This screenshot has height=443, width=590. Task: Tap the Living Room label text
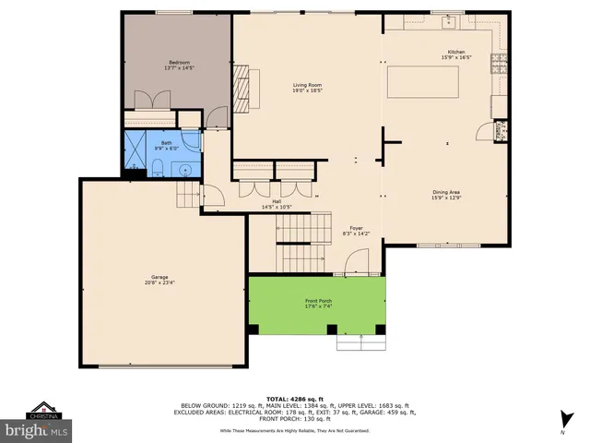coord(307,86)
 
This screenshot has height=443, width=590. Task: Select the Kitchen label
coord(455,52)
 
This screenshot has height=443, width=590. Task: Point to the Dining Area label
coord(446,192)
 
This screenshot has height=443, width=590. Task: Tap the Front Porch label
coord(318,302)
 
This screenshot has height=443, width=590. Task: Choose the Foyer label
coord(356,228)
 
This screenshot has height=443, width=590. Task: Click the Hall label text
coord(276,201)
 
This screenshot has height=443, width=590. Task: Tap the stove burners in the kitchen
coord(501,64)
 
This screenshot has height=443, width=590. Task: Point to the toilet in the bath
coord(156,168)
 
